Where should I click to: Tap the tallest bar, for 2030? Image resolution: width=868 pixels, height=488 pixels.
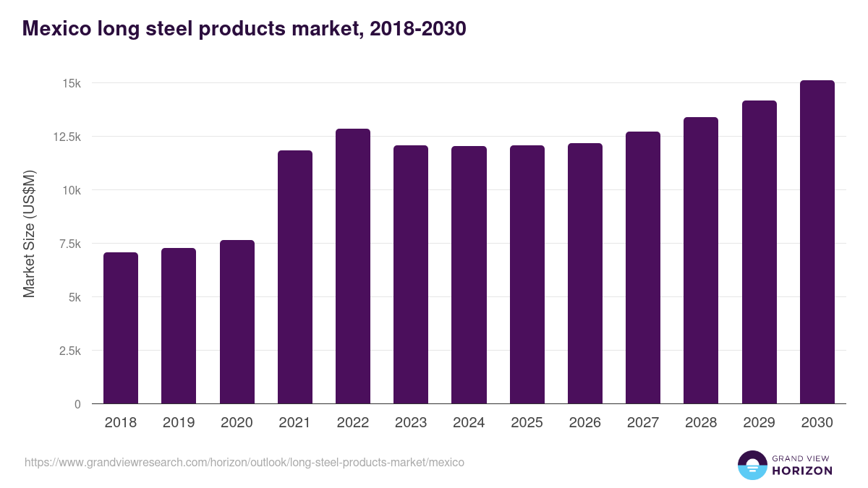point(817,241)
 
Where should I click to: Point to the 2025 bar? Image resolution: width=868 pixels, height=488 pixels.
point(527,274)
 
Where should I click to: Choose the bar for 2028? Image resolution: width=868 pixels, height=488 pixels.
point(701,260)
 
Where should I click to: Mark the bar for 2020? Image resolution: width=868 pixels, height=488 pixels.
point(237,322)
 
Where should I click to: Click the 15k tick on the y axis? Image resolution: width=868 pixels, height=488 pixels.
point(71,83)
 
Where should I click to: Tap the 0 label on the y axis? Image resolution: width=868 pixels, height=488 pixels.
point(77,404)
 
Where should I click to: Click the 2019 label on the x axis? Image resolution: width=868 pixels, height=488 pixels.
point(179,423)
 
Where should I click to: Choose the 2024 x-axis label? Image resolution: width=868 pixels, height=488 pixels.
point(469,423)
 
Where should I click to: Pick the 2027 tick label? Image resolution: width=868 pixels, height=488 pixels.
point(643,423)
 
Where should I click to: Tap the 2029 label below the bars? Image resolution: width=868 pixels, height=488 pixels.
point(759,423)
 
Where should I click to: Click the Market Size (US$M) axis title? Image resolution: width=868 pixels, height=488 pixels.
point(29,234)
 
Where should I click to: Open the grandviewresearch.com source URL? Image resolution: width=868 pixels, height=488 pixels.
point(244,462)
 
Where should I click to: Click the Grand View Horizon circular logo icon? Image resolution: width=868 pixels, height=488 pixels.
point(752,465)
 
